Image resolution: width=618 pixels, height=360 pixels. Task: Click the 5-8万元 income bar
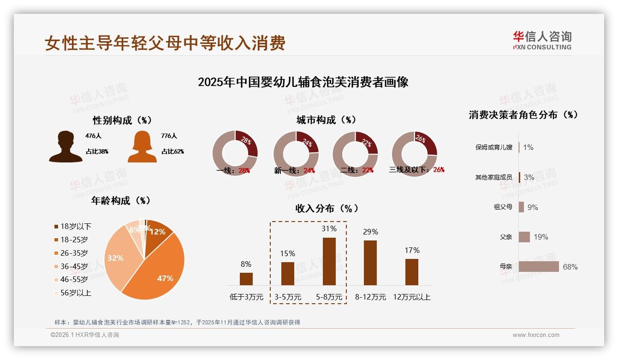coord(329,261)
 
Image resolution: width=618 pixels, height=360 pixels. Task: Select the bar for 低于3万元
coord(246,279)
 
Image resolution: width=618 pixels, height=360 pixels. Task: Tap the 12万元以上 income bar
coord(412,272)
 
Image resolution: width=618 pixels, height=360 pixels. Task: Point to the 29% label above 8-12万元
coord(370,232)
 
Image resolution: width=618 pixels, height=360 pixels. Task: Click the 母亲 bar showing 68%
coord(539,267)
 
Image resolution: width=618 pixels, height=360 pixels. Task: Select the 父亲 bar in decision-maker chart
coord(524,237)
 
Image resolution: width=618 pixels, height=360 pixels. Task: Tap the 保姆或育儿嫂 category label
coord(493,148)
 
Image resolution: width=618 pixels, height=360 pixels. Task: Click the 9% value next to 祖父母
coord(533,207)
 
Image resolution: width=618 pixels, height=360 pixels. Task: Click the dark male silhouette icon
coord(65,146)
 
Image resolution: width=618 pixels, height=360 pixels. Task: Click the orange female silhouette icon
coord(142,146)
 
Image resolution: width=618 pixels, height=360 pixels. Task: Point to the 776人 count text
coord(169,136)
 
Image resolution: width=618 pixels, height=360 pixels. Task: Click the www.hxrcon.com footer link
coord(536,335)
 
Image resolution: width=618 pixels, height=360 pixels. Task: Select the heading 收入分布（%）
coord(327,208)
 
